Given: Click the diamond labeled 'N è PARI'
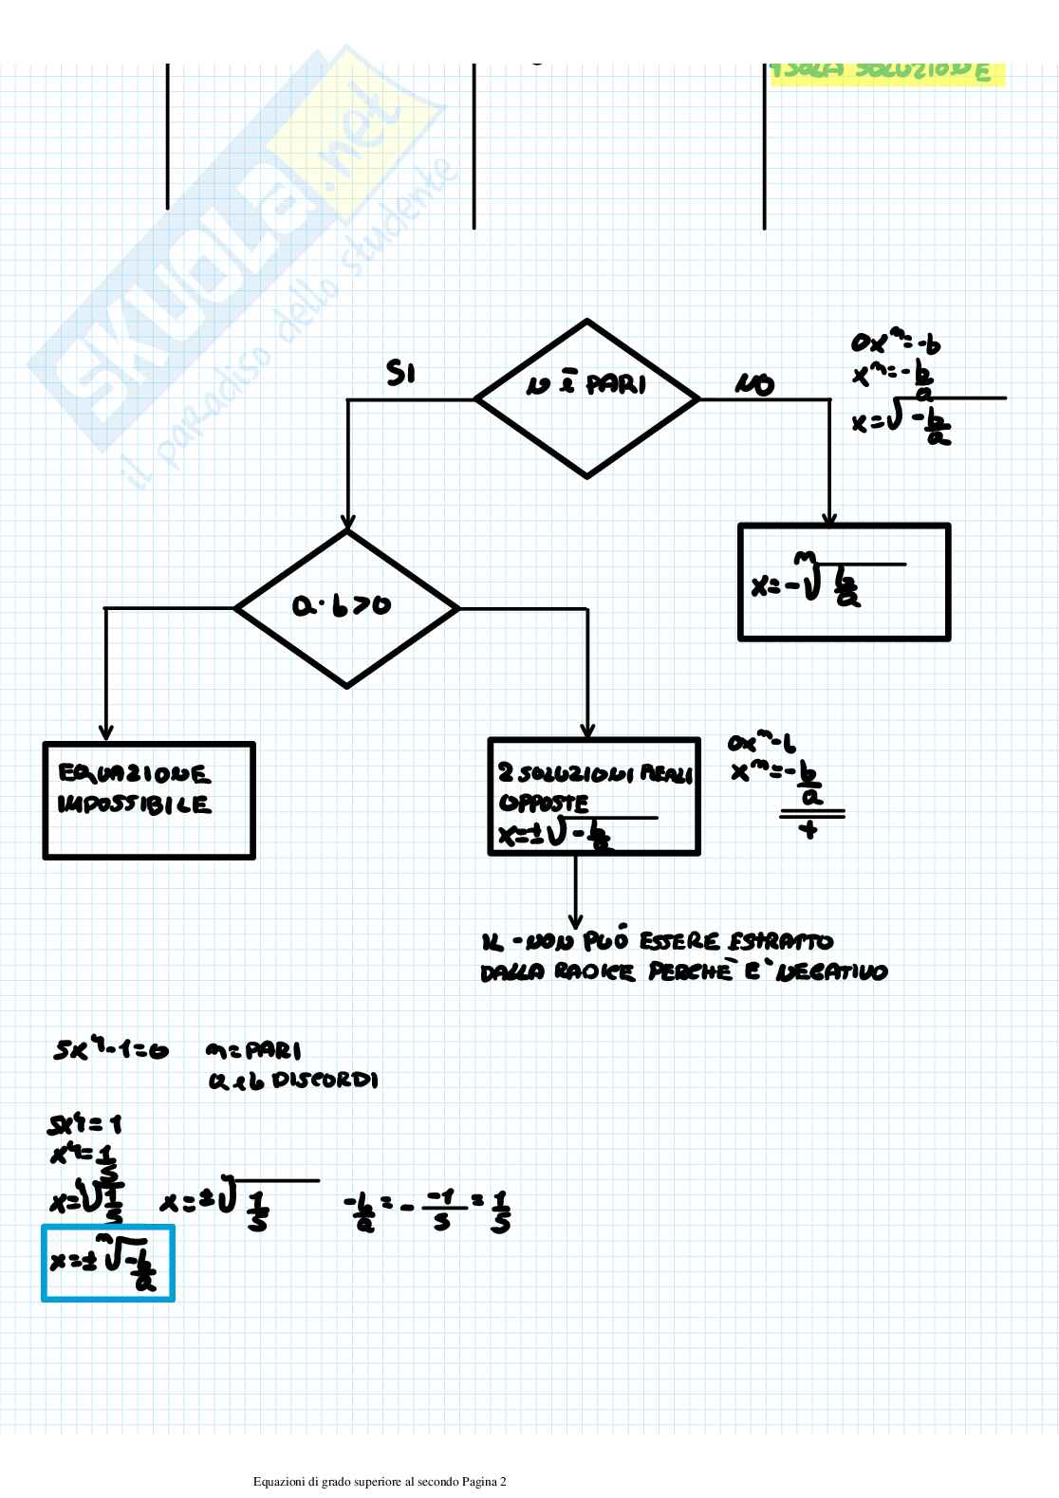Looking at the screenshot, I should tap(587, 398).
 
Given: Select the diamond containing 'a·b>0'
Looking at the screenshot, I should tap(347, 608).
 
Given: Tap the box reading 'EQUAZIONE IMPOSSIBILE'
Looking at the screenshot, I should tap(149, 801).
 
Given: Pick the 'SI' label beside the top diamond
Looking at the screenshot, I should tap(400, 375).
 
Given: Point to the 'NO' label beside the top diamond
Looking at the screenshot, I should tap(754, 384).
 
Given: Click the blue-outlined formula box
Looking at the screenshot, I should tap(108, 1263).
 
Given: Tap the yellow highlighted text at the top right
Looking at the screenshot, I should tap(886, 72).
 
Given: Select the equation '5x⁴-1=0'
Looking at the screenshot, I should tap(110, 1051).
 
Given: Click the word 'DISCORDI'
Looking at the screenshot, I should tap(325, 1081).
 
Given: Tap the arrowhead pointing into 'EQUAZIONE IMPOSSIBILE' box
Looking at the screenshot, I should tap(105, 733).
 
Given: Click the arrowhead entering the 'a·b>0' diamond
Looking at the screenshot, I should tap(347, 524).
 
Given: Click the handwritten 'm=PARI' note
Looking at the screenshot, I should tap(252, 1051).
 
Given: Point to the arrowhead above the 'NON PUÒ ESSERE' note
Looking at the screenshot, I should tap(575, 919).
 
